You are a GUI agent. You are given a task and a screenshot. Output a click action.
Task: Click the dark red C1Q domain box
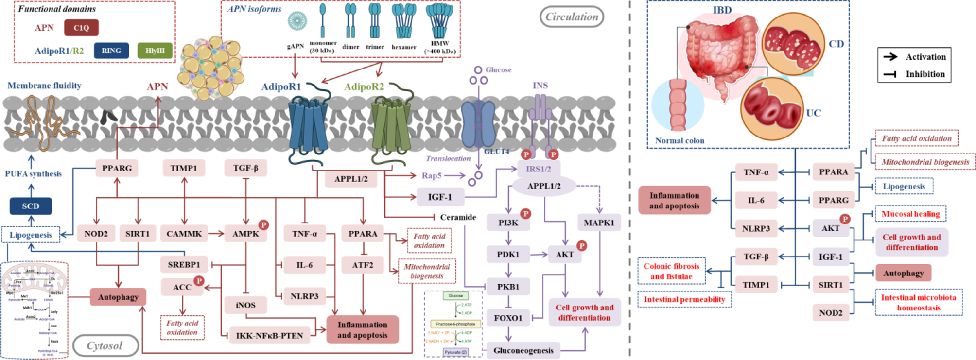point(81,28)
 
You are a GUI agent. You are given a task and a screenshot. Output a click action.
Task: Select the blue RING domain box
point(111,51)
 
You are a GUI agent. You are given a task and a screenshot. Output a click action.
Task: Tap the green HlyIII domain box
point(155,51)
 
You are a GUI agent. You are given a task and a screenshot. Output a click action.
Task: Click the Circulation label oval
point(572,17)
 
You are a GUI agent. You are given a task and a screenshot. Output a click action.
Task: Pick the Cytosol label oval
point(105,345)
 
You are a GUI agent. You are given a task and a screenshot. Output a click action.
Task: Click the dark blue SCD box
point(31,206)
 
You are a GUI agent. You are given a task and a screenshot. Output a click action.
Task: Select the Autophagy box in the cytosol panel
point(118,297)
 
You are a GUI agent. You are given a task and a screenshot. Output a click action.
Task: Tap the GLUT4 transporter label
point(496,152)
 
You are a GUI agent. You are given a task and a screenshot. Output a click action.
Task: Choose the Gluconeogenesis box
point(523,350)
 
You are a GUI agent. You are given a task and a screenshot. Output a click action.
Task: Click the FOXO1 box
point(508,318)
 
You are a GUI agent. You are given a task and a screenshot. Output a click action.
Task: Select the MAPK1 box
point(599,223)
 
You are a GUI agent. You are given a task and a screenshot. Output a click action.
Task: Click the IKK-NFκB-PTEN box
point(269,335)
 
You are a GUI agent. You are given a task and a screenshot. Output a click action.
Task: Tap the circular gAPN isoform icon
point(297,21)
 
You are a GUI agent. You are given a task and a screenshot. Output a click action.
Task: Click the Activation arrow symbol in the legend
point(890,57)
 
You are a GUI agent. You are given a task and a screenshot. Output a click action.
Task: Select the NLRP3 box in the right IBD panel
point(756,228)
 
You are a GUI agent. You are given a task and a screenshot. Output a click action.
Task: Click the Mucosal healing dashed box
point(910,214)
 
